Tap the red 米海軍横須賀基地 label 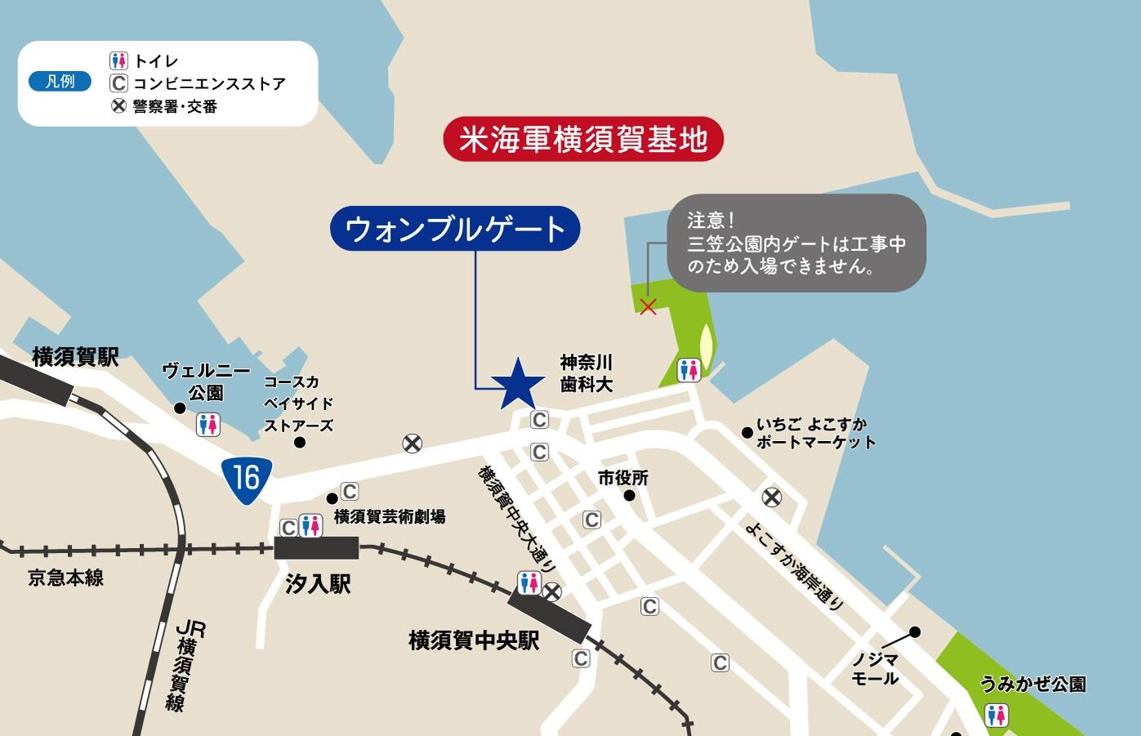pyautogui.click(x=583, y=141)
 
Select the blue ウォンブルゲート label pyautogui.click(x=456, y=230)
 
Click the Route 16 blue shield pyautogui.click(x=246, y=477)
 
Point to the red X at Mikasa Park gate pyautogui.click(x=648, y=307)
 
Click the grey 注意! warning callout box pyautogui.click(x=796, y=243)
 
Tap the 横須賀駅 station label pyautogui.click(x=75, y=357)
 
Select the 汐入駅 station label pyautogui.click(x=319, y=583)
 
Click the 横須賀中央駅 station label pyautogui.click(x=474, y=640)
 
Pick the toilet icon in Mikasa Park pyautogui.click(x=689, y=370)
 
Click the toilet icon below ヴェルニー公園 pyautogui.click(x=208, y=424)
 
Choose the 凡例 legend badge pyautogui.click(x=60, y=82)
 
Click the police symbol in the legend pyautogui.click(x=119, y=106)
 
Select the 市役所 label pyautogui.click(x=622, y=478)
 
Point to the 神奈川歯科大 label pyautogui.click(x=586, y=372)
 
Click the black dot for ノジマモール pyautogui.click(x=915, y=631)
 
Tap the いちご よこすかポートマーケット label pyautogui.click(x=815, y=434)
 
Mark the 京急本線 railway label pyautogui.click(x=66, y=578)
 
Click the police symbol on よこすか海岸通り pyautogui.click(x=771, y=497)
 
